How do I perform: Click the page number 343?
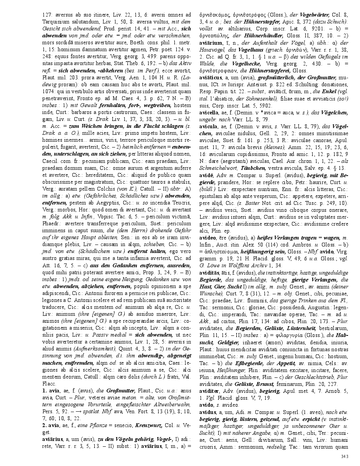coord(344,456)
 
